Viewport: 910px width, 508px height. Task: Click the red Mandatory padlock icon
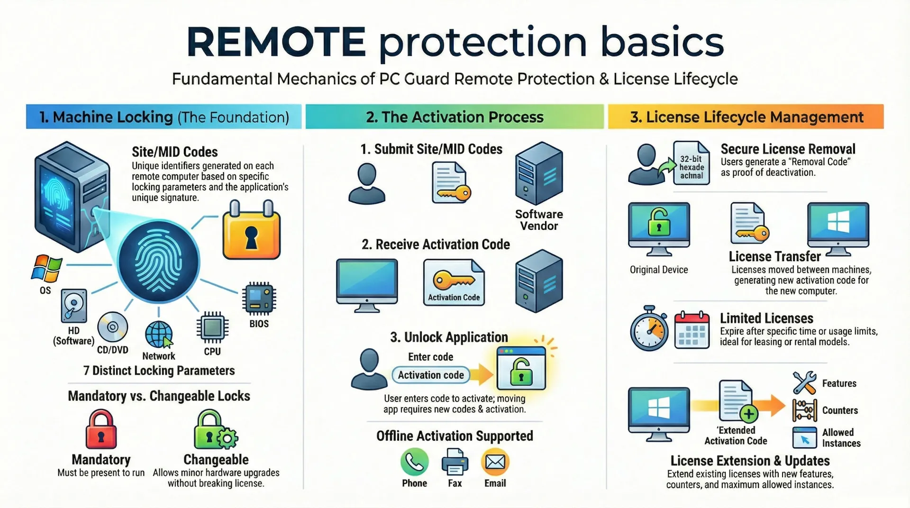(101, 429)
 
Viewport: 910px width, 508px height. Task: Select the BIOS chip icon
(259, 299)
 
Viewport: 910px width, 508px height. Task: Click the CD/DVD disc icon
(113, 327)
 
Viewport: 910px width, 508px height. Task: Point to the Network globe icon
(159, 335)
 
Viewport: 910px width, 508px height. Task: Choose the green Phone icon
(414, 462)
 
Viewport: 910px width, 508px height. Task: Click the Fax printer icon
(455, 462)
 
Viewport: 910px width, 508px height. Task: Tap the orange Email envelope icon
(495, 462)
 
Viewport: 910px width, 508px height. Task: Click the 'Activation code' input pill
(431, 375)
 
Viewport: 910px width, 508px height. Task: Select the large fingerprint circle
(159, 262)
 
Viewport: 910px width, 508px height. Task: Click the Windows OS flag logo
(46, 269)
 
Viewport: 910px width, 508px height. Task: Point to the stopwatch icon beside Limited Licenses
(649, 329)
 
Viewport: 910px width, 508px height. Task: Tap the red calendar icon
(692, 330)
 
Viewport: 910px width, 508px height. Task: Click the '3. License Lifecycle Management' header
(746, 117)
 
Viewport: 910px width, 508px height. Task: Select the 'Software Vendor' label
(539, 220)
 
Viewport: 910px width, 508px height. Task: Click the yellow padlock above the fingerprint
(251, 231)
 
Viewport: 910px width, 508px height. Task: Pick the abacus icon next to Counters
(804, 410)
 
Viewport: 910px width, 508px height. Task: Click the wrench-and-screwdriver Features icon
(804, 383)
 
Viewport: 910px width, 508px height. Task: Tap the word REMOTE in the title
(276, 42)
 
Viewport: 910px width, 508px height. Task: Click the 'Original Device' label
(658, 270)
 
